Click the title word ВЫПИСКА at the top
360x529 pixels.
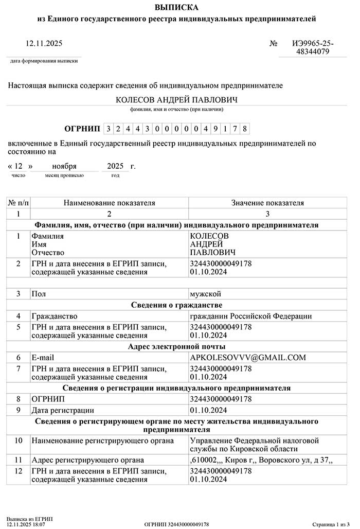[176, 7]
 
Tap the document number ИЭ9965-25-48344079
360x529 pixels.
[313, 48]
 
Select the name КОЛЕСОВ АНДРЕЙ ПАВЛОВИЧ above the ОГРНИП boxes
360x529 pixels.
[176, 99]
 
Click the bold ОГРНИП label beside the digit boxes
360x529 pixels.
[82, 128]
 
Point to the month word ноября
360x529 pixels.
[64, 166]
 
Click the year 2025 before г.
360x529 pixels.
[116, 166]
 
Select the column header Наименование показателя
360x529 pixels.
[109, 203]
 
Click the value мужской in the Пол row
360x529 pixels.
[205, 294]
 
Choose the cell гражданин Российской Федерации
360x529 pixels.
[250, 316]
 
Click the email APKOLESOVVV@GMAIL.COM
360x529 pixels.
[248, 357]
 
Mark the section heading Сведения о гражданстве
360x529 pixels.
[176, 305]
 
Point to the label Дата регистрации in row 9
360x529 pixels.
[63, 410]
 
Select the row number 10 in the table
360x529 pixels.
[19, 441]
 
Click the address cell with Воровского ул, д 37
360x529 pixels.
[261, 460]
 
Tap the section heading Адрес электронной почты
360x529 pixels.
[176, 346]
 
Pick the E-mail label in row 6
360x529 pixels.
[43, 357]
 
